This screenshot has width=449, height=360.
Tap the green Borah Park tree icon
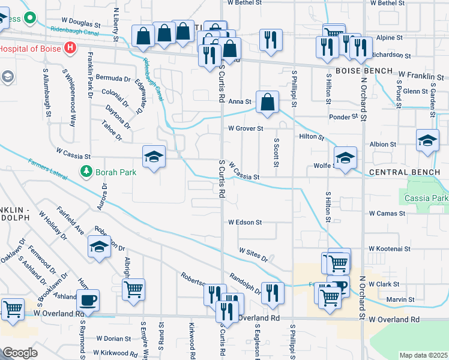point(87,172)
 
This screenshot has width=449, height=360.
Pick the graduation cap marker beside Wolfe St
point(345,158)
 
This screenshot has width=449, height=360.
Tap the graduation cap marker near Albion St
point(427,140)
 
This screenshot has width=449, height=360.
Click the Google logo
point(20,353)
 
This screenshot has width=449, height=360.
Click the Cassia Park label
point(426,198)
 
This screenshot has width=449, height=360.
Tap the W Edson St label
point(245,222)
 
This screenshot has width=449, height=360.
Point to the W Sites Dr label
point(253,255)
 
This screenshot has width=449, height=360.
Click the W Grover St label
point(246,128)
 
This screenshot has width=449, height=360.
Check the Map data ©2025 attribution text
point(423,355)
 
